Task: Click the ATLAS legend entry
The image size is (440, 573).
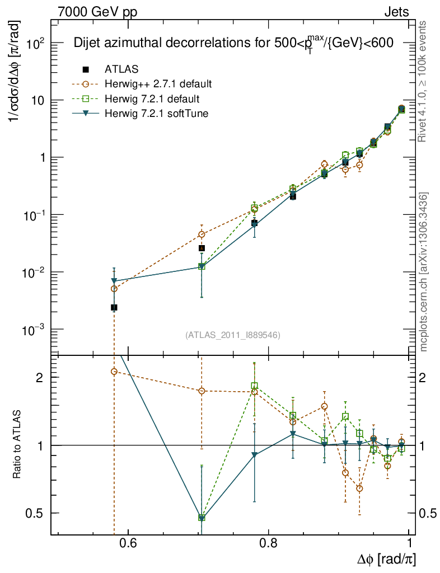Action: (x=121, y=69)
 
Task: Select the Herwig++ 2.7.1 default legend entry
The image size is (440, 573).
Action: (x=158, y=84)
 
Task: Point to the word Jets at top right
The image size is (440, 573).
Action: (x=396, y=11)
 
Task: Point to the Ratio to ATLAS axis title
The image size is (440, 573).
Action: (x=17, y=445)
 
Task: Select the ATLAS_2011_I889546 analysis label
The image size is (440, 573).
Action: (x=232, y=335)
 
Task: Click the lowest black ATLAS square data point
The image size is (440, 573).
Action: (x=114, y=307)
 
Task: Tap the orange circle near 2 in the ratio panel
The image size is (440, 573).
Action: (x=114, y=372)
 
